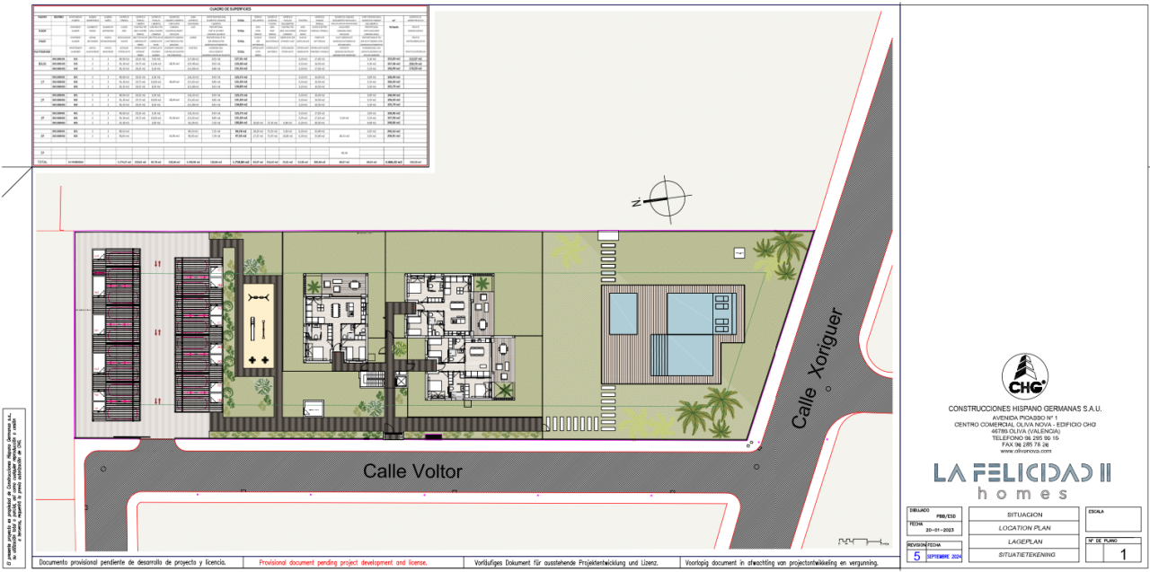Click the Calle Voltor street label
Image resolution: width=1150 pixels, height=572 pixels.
[x=412, y=471]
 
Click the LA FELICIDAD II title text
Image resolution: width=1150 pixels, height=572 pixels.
[x=1022, y=472]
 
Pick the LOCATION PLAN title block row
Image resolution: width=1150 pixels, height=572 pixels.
[x=1023, y=528]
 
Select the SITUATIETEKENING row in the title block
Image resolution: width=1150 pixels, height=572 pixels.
[x=1023, y=555]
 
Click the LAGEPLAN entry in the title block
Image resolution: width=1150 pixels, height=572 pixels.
[x=1023, y=541]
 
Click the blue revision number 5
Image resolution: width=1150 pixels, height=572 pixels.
[x=916, y=556]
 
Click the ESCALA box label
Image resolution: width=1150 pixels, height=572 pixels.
[x=1096, y=511]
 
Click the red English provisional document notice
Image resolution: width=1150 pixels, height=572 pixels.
[x=342, y=563]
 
